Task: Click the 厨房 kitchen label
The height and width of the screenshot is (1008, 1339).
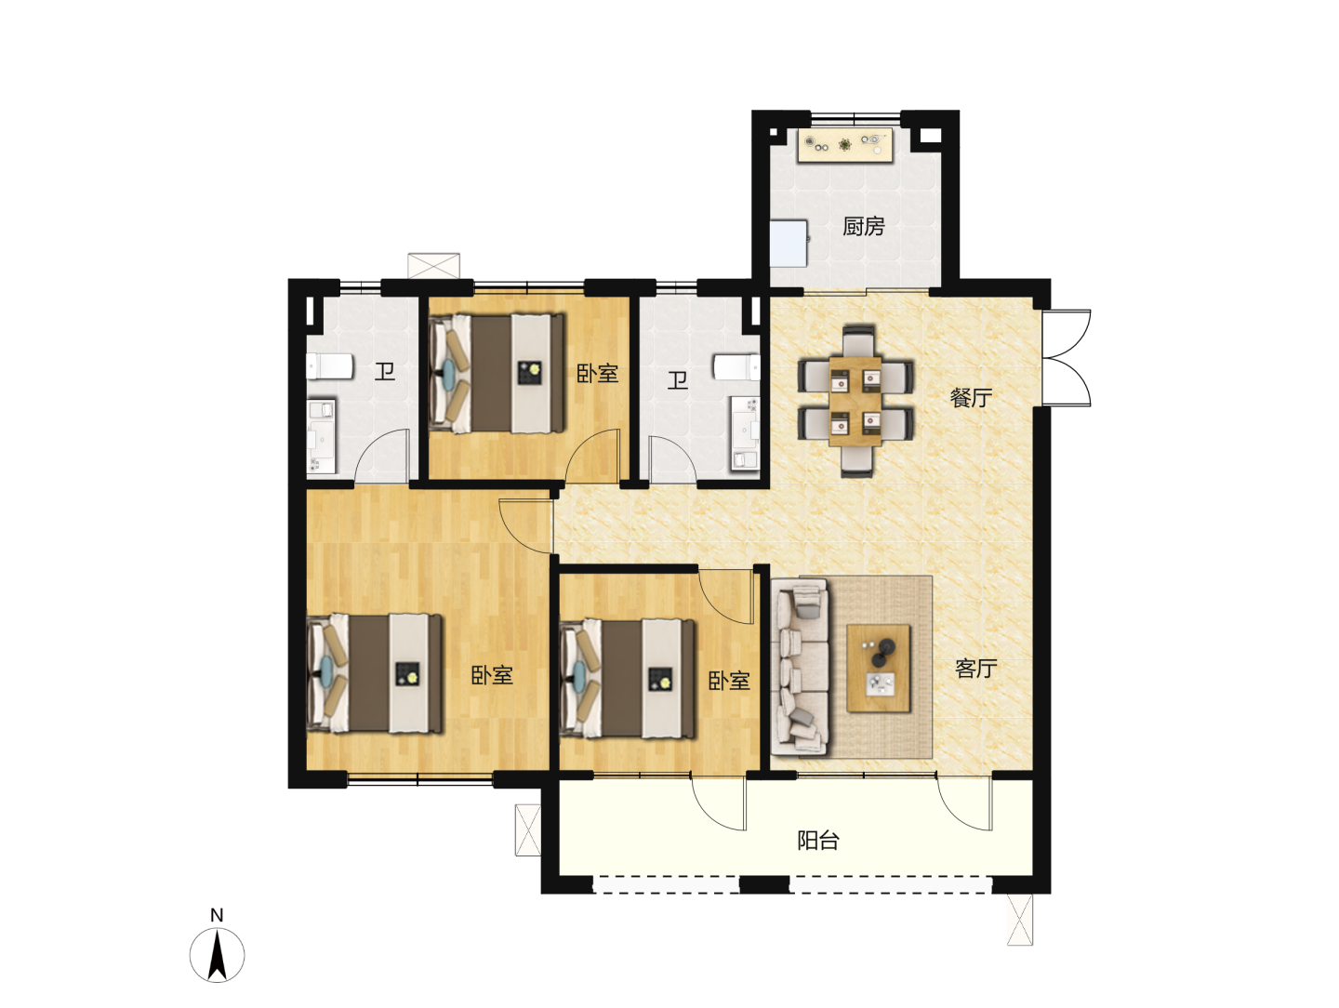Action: [863, 226]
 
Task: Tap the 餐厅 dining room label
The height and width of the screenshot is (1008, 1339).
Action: [971, 398]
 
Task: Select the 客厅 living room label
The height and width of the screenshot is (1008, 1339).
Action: [976, 669]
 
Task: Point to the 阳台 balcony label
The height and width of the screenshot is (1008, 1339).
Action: [818, 841]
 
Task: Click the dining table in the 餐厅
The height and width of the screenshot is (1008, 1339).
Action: [855, 402]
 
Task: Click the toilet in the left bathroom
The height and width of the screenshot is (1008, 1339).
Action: [329, 365]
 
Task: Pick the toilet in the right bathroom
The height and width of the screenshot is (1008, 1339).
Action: [736, 367]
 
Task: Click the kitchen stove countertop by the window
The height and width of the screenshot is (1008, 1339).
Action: [845, 145]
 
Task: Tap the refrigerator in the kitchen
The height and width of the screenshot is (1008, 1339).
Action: [789, 244]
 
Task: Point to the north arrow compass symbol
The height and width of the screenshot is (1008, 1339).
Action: [218, 956]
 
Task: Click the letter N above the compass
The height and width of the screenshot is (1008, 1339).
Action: [217, 915]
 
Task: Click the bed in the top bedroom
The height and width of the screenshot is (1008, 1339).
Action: [497, 374]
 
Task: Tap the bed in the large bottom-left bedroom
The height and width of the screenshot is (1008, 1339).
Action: [375, 673]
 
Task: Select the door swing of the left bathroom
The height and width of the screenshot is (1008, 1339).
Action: [382, 455]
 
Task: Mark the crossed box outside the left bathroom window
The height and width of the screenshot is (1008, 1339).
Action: [433, 266]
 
